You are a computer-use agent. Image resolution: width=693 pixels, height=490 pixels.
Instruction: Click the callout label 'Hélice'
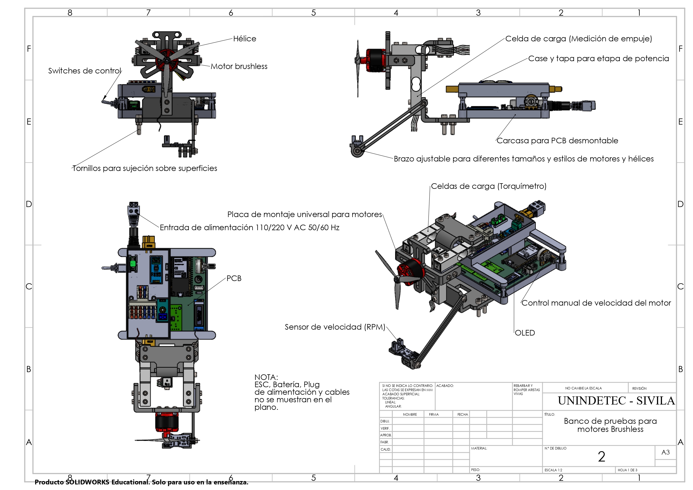(244, 39)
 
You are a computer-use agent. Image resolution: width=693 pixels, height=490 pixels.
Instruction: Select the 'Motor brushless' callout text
(239, 66)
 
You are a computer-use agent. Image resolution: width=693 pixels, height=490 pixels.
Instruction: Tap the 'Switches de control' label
(85, 71)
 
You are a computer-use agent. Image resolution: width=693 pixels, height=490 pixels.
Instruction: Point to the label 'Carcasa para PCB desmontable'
(557, 141)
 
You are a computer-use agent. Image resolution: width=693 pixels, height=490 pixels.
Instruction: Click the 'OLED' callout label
(525, 333)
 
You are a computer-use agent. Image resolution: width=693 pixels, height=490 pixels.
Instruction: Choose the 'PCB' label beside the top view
(234, 278)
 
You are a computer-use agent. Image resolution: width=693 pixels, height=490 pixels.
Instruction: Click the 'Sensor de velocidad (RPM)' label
(335, 327)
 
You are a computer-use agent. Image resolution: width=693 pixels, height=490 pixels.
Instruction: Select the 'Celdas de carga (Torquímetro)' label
(488, 186)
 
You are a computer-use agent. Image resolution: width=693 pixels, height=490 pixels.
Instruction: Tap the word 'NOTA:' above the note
(266, 377)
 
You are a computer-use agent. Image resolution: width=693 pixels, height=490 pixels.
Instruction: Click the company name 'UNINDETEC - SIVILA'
(616, 401)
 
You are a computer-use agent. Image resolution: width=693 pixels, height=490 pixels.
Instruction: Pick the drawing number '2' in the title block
(601, 456)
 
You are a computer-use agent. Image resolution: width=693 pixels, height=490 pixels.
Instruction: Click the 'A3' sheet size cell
(665, 452)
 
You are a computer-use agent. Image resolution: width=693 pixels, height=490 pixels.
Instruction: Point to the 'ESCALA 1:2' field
(553, 470)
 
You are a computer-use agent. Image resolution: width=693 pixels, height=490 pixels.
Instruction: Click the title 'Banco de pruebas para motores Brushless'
(610, 425)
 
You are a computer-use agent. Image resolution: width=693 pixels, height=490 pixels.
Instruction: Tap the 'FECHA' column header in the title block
(462, 415)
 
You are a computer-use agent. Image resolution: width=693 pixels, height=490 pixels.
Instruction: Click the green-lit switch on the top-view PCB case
(133, 263)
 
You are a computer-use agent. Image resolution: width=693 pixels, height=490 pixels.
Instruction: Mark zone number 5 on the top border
(313, 13)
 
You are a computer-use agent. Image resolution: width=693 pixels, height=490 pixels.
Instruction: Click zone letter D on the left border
(29, 204)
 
